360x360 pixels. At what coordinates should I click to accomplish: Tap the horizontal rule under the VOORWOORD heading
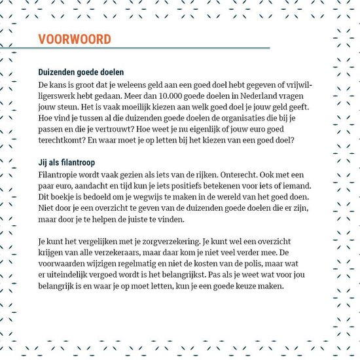coord(154,48)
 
